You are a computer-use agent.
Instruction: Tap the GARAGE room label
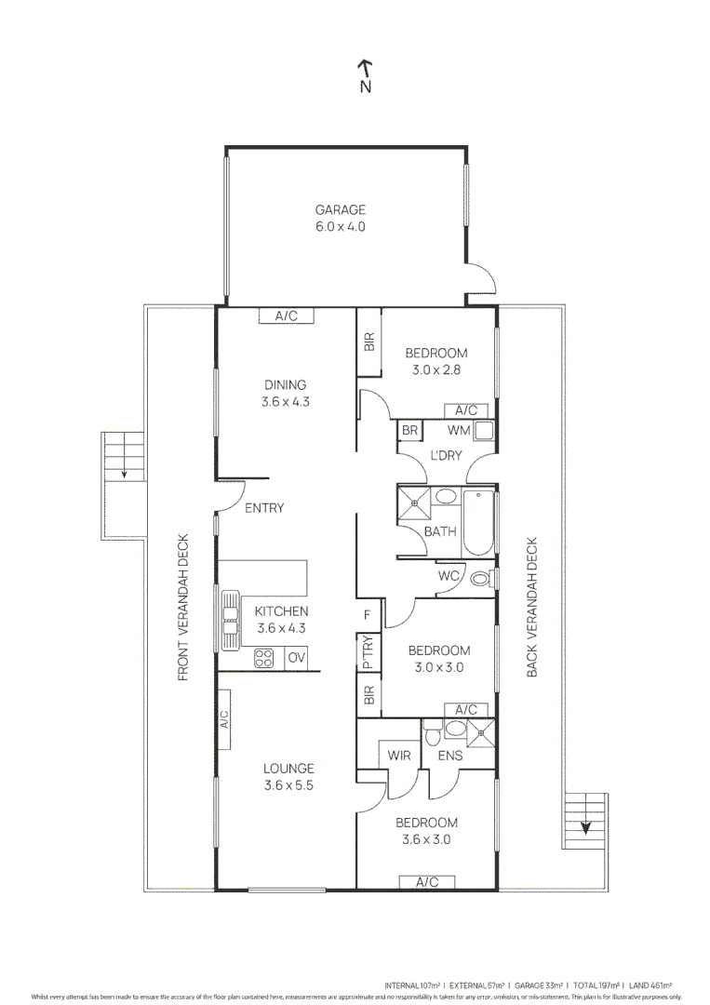(340, 210)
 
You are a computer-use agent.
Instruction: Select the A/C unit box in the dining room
(286, 316)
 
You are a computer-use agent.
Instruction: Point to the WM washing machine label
(458, 431)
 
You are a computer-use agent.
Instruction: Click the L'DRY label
(447, 456)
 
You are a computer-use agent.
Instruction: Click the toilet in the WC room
(480, 578)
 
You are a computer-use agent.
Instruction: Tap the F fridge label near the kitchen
(368, 614)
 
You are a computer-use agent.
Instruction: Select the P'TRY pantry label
(368, 651)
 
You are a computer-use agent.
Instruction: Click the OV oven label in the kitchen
(296, 658)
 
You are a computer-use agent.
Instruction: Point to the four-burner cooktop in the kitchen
(265, 658)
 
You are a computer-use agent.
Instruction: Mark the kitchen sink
(229, 619)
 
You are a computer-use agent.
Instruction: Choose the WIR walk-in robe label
(399, 756)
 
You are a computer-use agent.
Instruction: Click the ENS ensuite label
(450, 756)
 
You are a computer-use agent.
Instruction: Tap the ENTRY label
(264, 508)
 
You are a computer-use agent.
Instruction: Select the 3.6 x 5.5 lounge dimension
(288, 785)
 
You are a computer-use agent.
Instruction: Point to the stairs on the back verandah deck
(585, 821)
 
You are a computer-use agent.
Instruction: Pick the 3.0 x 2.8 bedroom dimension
(435, 369)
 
